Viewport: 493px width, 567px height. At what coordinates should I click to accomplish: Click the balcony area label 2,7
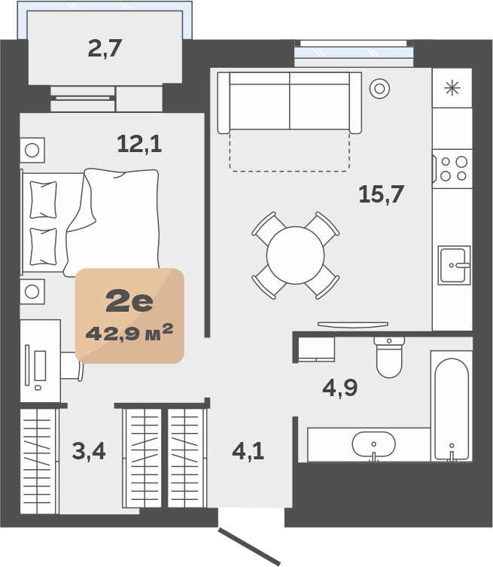pos(105,48)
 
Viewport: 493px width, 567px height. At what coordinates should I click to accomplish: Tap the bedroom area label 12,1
pos(139,144)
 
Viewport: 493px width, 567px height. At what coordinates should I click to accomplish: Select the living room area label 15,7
pos(381,194)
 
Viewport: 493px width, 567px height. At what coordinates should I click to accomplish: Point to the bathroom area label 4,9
pos(339,388)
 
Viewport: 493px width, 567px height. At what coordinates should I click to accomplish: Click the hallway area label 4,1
pos(248,451)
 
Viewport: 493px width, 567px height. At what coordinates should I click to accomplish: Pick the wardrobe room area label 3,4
pos(89,451)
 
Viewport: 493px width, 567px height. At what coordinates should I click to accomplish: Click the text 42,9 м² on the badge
pos(129,333)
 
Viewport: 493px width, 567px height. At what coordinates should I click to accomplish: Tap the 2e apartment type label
pos(129,301)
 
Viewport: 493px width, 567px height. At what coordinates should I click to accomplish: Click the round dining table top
pos(295,255)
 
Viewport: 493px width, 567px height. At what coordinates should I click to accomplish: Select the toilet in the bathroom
pos(389,357)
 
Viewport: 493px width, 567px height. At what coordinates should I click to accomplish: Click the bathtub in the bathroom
pos(452,407)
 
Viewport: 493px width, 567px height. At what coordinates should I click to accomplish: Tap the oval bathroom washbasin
pos(373,444)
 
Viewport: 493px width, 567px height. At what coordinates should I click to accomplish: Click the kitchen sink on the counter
pos(454,265)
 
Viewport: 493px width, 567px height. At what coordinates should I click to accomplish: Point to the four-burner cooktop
pos(453,169)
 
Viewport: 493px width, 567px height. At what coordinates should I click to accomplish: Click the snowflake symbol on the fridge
pos(452,88)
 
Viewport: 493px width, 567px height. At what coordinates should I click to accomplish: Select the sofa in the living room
pos(290,102)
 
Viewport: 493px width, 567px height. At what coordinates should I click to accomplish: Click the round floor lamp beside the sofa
pos(379,88)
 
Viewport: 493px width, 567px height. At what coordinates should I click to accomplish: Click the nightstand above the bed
pos(32,150)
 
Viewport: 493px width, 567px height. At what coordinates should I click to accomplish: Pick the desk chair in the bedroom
pos(72,366)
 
